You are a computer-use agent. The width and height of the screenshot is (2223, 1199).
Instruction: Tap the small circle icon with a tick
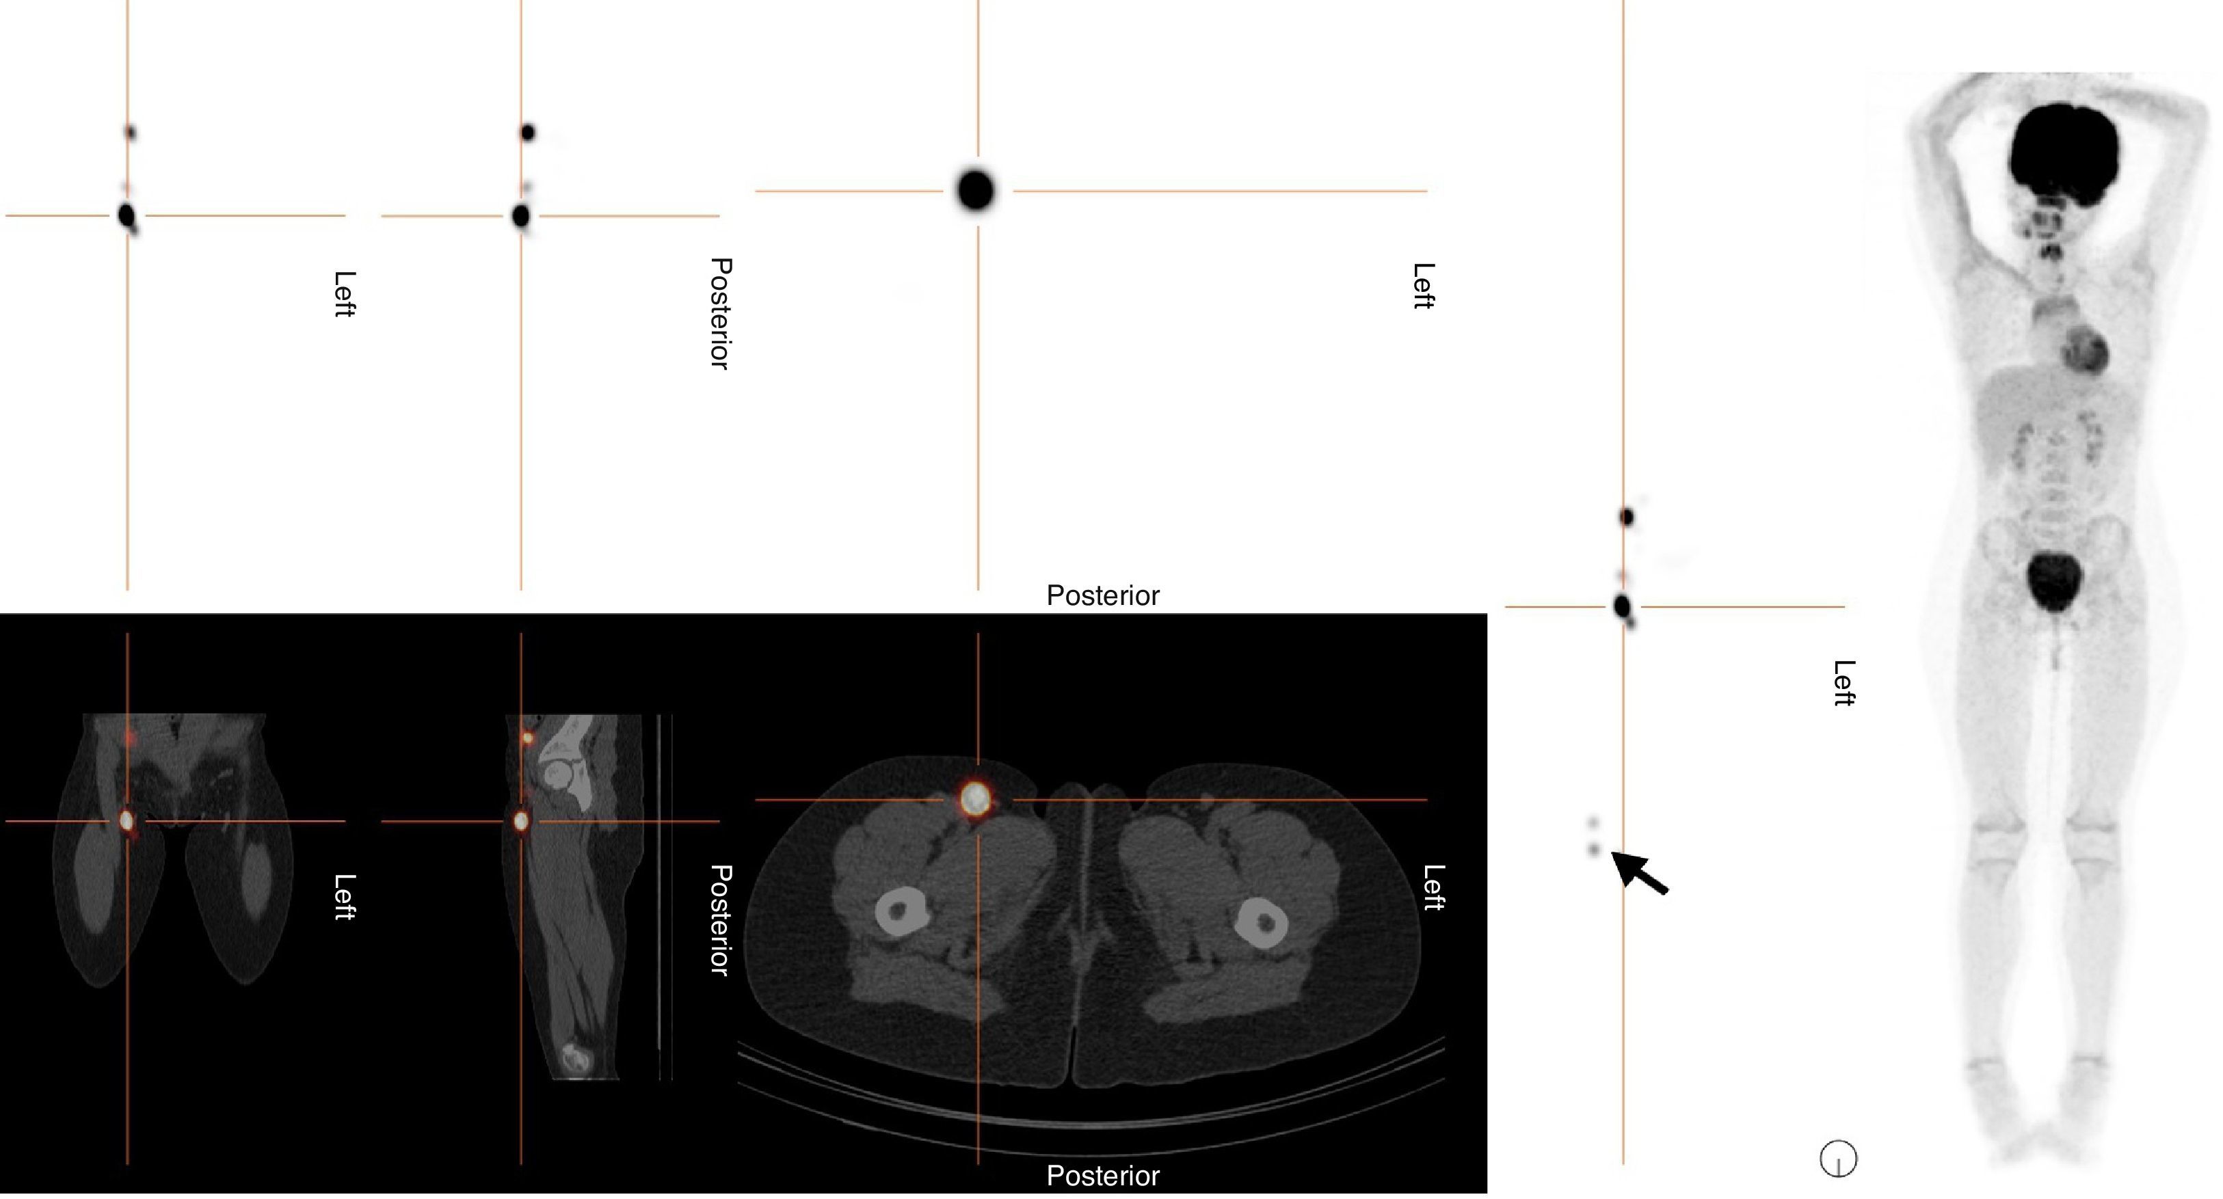click(1838, 1159)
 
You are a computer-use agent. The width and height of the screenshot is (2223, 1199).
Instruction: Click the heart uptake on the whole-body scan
click(2084, 351)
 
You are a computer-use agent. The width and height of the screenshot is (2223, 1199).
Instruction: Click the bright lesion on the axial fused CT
click(976, 798)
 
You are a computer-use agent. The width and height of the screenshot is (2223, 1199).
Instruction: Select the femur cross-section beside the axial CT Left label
click(1262, 923)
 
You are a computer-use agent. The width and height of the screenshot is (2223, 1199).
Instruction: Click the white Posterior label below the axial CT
click(1102, 1176)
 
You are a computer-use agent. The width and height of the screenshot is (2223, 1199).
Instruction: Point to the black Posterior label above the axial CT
click(1102, 595)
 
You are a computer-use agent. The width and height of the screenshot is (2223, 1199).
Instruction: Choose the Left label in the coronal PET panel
click(343, 294)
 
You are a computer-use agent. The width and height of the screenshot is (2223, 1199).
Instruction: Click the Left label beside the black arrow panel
click(1843, 683)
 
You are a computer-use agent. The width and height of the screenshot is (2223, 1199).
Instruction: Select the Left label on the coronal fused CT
click(343, 897)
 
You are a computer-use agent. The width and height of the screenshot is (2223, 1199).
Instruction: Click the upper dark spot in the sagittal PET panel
click(527, 133)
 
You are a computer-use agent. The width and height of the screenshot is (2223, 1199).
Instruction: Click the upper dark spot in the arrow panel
click(1627, 517)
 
